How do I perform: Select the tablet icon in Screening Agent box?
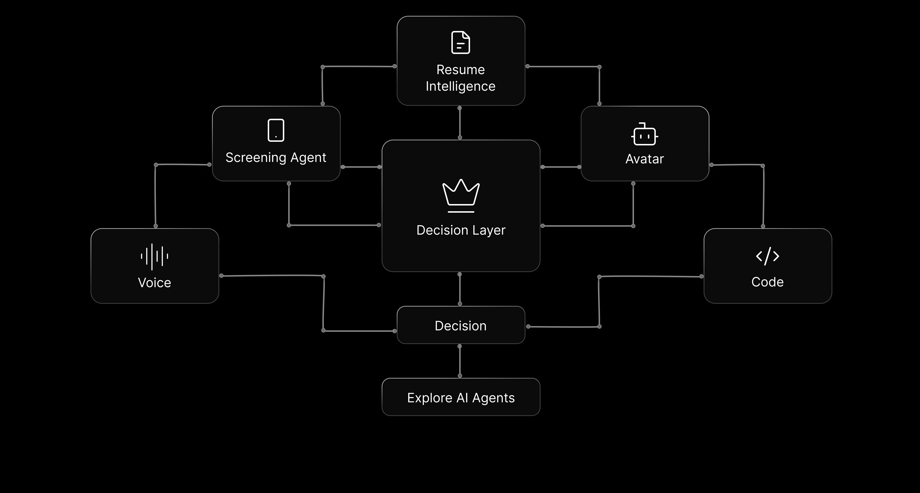276,130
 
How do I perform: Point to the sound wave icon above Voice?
154,256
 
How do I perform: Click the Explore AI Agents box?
461,397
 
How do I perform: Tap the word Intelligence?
460,87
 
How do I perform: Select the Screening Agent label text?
276,158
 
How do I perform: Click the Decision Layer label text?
461,230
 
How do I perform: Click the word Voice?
154,283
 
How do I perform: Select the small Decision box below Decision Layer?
461,325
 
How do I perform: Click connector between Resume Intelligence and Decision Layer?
460,123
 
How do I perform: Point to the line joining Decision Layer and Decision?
460,289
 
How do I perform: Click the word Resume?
460,70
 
